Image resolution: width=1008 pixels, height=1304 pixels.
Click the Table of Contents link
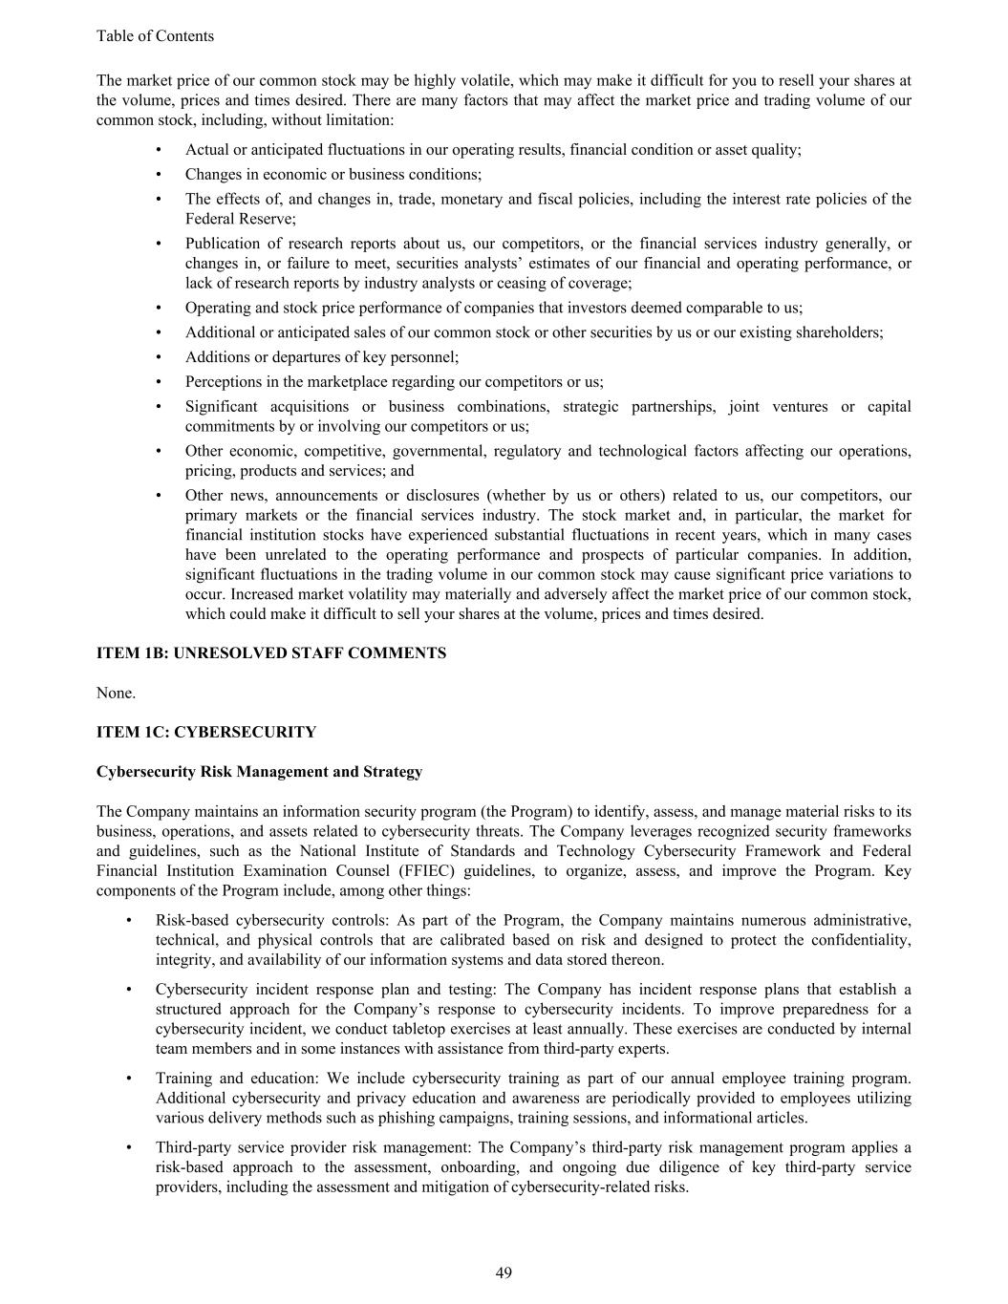pos(155,36)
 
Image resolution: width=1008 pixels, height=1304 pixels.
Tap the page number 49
pos(504,1272)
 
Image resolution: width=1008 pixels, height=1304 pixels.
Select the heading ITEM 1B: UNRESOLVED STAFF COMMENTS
pos(270,653)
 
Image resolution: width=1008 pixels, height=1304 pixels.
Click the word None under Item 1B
pos(116,693)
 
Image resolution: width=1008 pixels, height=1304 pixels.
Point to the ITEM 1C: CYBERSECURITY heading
pos(205,732)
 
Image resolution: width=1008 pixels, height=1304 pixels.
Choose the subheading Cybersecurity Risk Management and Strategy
pos(259,771)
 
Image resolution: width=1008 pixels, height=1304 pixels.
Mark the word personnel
pos(425,356)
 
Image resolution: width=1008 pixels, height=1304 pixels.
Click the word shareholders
pos(842,331)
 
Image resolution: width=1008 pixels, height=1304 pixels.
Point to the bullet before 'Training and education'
pos(128,1079)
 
